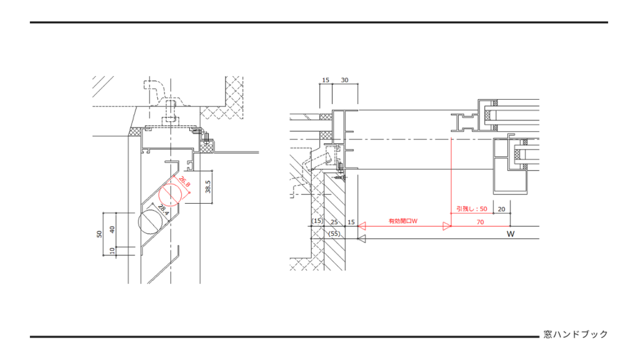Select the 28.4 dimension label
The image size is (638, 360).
(163, 209)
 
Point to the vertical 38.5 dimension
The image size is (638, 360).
(207, 187)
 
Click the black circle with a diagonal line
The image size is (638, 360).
(150, 222)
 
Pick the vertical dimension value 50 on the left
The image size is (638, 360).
(99, 234)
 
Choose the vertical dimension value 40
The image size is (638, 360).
(112, 229)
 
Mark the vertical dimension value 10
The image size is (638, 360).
(112, 250)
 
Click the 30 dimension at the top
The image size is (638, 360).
(345, 80)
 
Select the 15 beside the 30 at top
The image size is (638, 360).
(325, 80)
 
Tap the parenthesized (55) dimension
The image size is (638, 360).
(334, 234)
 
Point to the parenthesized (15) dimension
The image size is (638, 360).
(317, 221)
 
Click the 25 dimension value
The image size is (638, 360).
(335, 222)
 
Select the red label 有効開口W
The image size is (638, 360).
(403, 221)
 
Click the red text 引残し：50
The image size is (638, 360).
(472, 209)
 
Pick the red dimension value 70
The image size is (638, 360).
(480, 222)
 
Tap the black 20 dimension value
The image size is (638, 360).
(502, 209)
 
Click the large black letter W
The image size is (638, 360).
(511, 234)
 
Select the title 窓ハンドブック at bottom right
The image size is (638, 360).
(576, 334)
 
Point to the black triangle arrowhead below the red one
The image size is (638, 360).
(362, 239)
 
